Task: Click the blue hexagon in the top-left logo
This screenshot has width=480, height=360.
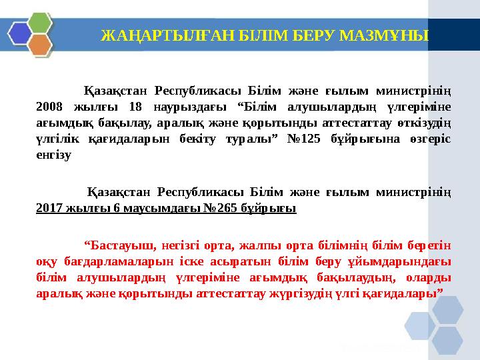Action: (x=19, y=32)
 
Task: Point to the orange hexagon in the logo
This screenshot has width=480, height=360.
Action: (x=40, y=45)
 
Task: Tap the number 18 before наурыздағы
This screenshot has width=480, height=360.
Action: (x=136, y=107)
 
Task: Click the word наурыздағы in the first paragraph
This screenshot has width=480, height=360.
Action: (x=188, y=107)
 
